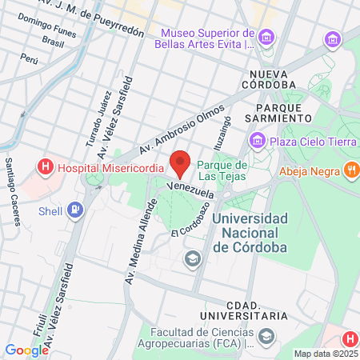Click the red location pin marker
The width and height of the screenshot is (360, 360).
click(181, 162)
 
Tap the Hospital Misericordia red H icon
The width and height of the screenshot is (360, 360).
click(46, 168)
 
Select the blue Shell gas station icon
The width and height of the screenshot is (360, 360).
click(74, 211)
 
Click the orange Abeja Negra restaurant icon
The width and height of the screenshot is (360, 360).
click(350, 170)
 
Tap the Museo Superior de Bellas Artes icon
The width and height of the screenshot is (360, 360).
click(267, 36)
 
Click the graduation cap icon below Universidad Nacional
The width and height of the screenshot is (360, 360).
click(192, 258)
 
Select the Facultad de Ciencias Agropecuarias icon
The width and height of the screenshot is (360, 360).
click(266, 336)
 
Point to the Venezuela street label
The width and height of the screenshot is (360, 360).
click(190, 190)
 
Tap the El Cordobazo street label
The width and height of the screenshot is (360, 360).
click(186, 222)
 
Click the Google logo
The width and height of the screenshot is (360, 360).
click(27, 350)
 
